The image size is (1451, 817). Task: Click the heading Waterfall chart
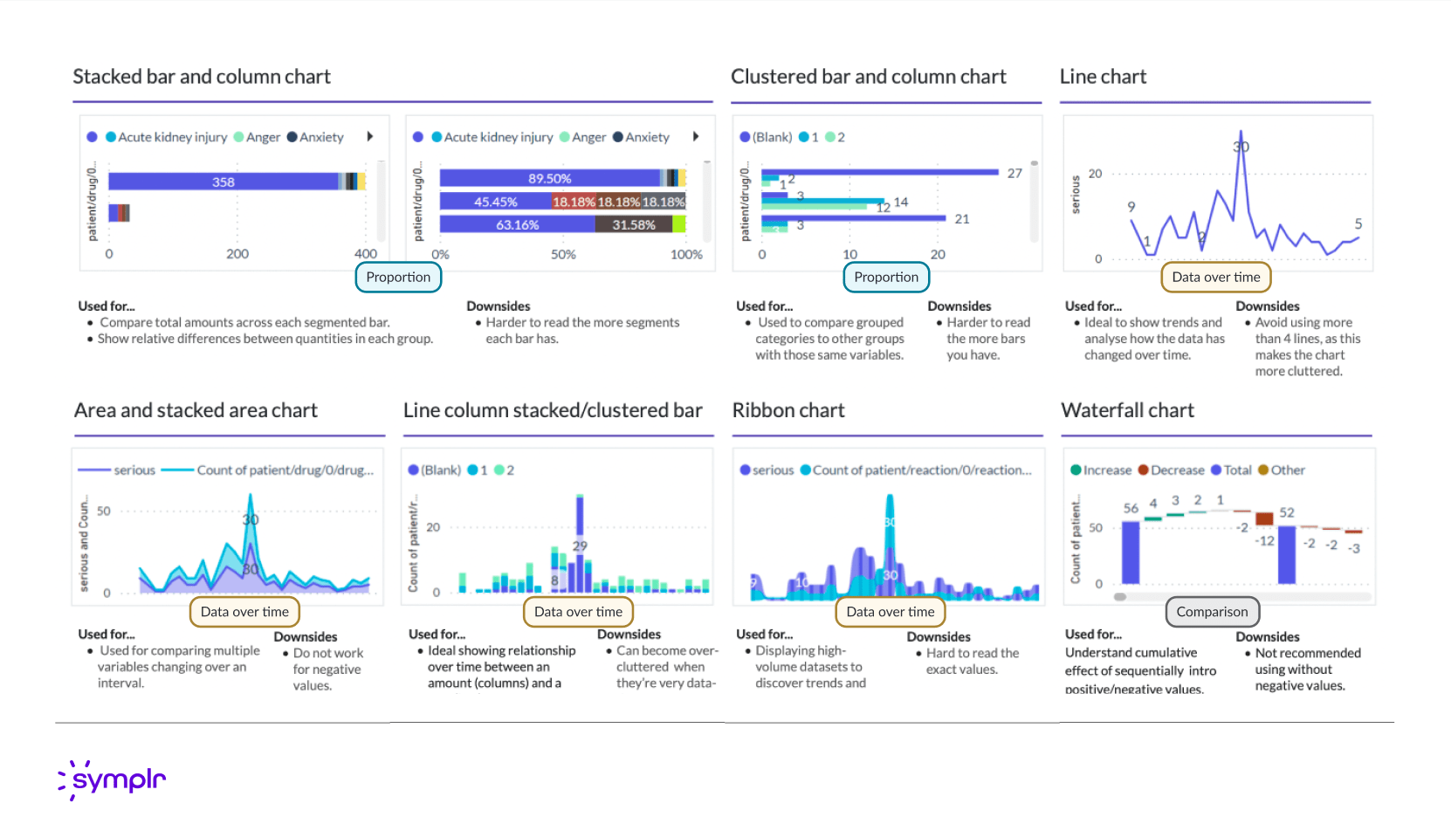point(1127,410)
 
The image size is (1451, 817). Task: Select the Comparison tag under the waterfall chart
point(1212,612)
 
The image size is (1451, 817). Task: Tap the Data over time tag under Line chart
point(1215,278)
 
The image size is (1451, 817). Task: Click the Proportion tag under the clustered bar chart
point(886,278)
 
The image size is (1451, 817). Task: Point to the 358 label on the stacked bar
point(223,182)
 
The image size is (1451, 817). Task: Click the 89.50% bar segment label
point(549,179)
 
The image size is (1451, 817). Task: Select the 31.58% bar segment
point(634,225)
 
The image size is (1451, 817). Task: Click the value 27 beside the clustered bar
point(1014,174)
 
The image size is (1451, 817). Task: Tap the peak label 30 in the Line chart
point(1241,147)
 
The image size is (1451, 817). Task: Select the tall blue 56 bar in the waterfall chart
point(1131,552)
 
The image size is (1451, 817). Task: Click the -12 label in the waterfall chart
point(1264,541)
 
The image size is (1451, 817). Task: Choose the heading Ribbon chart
point(788,410)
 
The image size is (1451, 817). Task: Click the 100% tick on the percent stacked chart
point(686,255)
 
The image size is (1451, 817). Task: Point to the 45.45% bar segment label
point(496,203)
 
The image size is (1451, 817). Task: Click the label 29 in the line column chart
point(580,546)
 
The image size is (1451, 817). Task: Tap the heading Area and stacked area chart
point(196,410)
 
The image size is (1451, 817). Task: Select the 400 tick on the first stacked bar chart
point(366,254)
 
